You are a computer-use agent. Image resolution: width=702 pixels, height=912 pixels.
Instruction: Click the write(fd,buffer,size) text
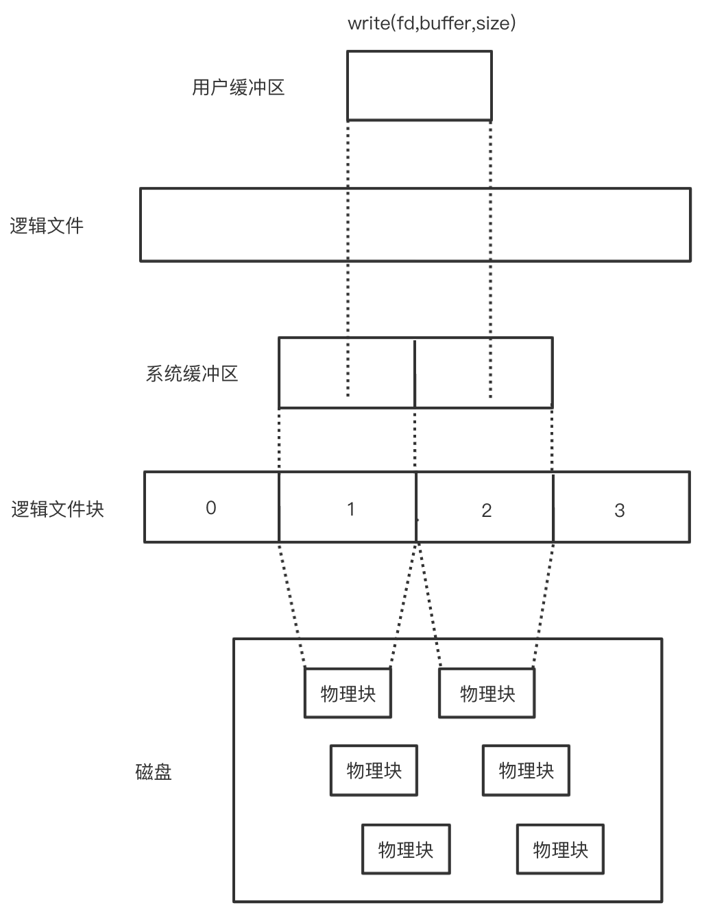431,24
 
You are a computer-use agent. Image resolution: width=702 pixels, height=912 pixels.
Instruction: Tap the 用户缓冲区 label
238,88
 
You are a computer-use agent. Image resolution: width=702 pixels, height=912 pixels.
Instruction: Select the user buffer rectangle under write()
419,86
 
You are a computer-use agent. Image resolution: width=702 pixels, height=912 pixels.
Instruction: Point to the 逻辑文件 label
47,226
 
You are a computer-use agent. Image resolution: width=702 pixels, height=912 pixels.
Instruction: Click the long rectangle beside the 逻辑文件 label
415,225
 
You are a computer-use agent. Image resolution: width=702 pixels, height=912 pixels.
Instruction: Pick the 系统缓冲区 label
192,374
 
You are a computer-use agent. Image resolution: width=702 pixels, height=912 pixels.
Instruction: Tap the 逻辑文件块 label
58,509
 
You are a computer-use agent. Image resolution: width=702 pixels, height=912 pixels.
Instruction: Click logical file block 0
211,507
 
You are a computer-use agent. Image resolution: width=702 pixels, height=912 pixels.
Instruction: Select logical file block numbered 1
350,509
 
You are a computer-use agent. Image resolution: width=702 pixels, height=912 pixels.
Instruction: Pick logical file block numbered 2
486,510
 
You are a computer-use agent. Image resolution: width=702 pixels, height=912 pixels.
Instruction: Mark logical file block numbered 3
620,510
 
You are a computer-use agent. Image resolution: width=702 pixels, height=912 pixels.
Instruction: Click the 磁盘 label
154,772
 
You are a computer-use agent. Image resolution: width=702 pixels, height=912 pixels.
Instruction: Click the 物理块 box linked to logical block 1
348,694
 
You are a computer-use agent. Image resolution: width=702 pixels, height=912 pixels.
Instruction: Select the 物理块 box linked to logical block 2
487,694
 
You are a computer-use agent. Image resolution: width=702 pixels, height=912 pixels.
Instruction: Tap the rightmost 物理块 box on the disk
560,850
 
